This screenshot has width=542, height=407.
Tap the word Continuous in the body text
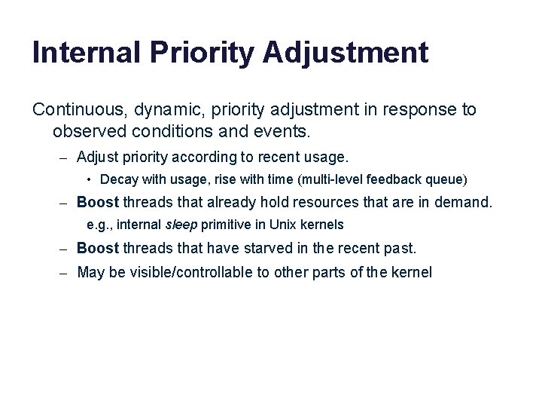pyautogui.click(x=78, y=110)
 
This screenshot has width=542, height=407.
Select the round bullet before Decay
pyautogui.click(x=90, y=179)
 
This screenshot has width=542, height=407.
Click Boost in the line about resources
pyautogui.click(x=98, y=202)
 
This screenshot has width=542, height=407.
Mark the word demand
pyautogui.click(x=464, y=202)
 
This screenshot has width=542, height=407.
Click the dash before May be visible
pyautogui.click(x=64, y=272)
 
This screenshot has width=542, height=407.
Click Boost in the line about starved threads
pyautogui.click(x=98, y=248)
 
